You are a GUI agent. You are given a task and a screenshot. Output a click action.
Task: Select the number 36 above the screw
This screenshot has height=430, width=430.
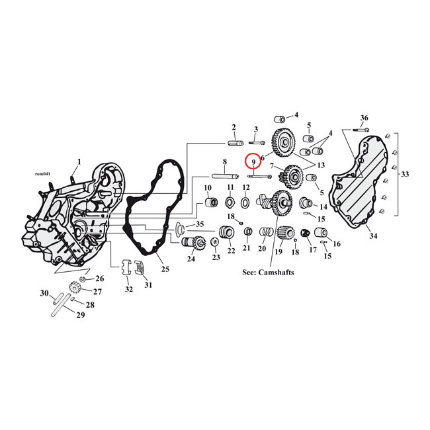[364, 118]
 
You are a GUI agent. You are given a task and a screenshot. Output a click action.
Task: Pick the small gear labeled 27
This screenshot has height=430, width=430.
[74, 288]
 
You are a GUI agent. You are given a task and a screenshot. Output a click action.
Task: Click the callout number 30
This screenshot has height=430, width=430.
[44, 293]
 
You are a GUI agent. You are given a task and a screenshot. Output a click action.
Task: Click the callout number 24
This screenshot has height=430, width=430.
[191, 259]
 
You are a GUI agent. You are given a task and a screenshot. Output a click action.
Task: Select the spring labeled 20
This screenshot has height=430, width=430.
[265, 233]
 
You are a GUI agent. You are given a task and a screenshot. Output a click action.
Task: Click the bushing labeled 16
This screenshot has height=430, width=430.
[322, 233]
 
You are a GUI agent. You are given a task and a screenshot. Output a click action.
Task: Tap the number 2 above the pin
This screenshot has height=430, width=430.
[234, 127]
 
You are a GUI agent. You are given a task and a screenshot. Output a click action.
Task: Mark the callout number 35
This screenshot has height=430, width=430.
[200, 224]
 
